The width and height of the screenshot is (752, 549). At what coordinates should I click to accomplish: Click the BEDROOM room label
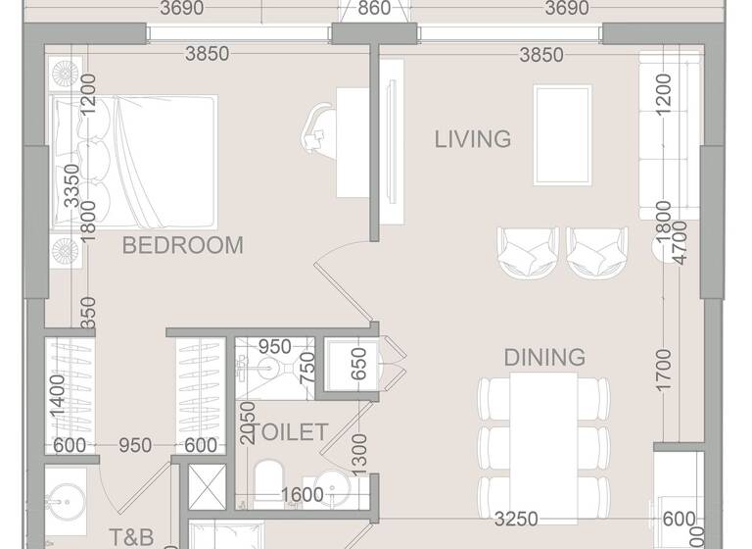tap(182, 245)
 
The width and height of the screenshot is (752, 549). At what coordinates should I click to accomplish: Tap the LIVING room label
tap(473, 139)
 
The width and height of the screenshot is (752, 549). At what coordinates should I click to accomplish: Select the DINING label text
tap(544, 357)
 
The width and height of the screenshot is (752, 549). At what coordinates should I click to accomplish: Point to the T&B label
tap(131, 536)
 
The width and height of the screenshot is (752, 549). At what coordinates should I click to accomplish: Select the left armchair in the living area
tap(528, 252)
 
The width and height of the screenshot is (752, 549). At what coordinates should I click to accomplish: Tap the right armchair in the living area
tap(597, 252)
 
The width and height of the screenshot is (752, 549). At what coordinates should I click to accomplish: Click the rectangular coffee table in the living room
tap(562, 134)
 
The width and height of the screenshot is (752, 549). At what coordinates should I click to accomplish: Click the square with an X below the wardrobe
tap(201, 486)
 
